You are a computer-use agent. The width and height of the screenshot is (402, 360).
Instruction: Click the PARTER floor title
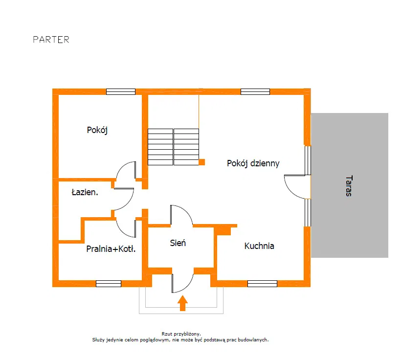point(51,40)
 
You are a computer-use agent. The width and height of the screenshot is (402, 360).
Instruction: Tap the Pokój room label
point(97,130)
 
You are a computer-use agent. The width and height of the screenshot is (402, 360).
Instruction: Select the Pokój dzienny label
point(253,163)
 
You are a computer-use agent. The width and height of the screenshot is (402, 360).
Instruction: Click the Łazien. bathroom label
point(85,192)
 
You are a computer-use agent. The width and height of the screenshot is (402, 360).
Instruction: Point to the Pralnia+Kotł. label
point(111,248)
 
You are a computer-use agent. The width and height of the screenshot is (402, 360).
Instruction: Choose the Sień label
point(178,243)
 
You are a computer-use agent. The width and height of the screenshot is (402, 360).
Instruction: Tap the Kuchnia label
point(259,246)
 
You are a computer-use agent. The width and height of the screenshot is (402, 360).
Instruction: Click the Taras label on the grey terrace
point(349,186)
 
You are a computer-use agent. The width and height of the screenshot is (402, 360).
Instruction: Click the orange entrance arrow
point(182,303)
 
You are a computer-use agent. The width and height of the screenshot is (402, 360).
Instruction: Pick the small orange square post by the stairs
point(202,162)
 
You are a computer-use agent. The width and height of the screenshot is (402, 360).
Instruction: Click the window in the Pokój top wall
point(121,91)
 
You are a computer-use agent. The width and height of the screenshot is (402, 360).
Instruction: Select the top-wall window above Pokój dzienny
point(255,91)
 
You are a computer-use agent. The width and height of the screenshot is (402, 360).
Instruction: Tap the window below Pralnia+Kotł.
point(109,284)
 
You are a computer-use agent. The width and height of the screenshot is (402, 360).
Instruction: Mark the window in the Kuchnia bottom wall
point(262,284)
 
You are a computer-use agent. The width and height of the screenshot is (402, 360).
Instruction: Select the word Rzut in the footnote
point(167,334)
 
